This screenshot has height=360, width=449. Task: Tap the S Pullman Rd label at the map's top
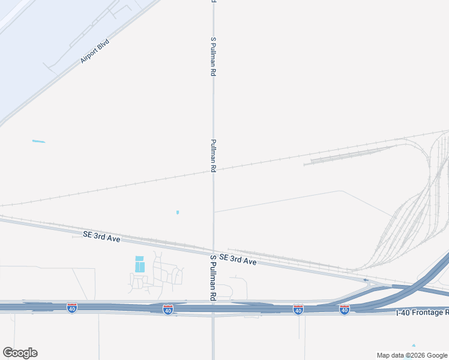(x=213, y=56)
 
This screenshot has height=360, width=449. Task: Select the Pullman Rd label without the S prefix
(x=213, y=156)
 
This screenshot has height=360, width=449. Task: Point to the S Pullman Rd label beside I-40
(x=213, y=277)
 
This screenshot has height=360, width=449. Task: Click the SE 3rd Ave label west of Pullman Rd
(x=102, y=238)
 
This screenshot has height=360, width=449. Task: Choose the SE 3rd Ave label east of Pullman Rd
(x=238, y=260)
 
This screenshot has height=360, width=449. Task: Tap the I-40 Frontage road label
(x=423, y=313)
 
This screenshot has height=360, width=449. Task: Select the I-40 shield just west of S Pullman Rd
(x=168, y=310)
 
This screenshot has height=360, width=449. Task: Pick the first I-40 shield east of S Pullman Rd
(x=298, y=310)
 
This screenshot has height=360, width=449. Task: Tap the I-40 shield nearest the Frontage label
(x=345, y=310)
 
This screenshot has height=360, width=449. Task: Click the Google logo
(x=20, y=353)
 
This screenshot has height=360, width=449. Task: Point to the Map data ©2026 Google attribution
(x=412, y=355)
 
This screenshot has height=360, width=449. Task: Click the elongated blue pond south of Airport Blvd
(x=38, y=142)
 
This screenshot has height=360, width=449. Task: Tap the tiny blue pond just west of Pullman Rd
(x=178, y=212)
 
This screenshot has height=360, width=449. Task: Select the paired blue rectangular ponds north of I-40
(x=140, y=264)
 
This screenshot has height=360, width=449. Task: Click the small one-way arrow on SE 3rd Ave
(x=365, y=280)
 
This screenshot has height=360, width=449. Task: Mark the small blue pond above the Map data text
(x=414, y=346)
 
